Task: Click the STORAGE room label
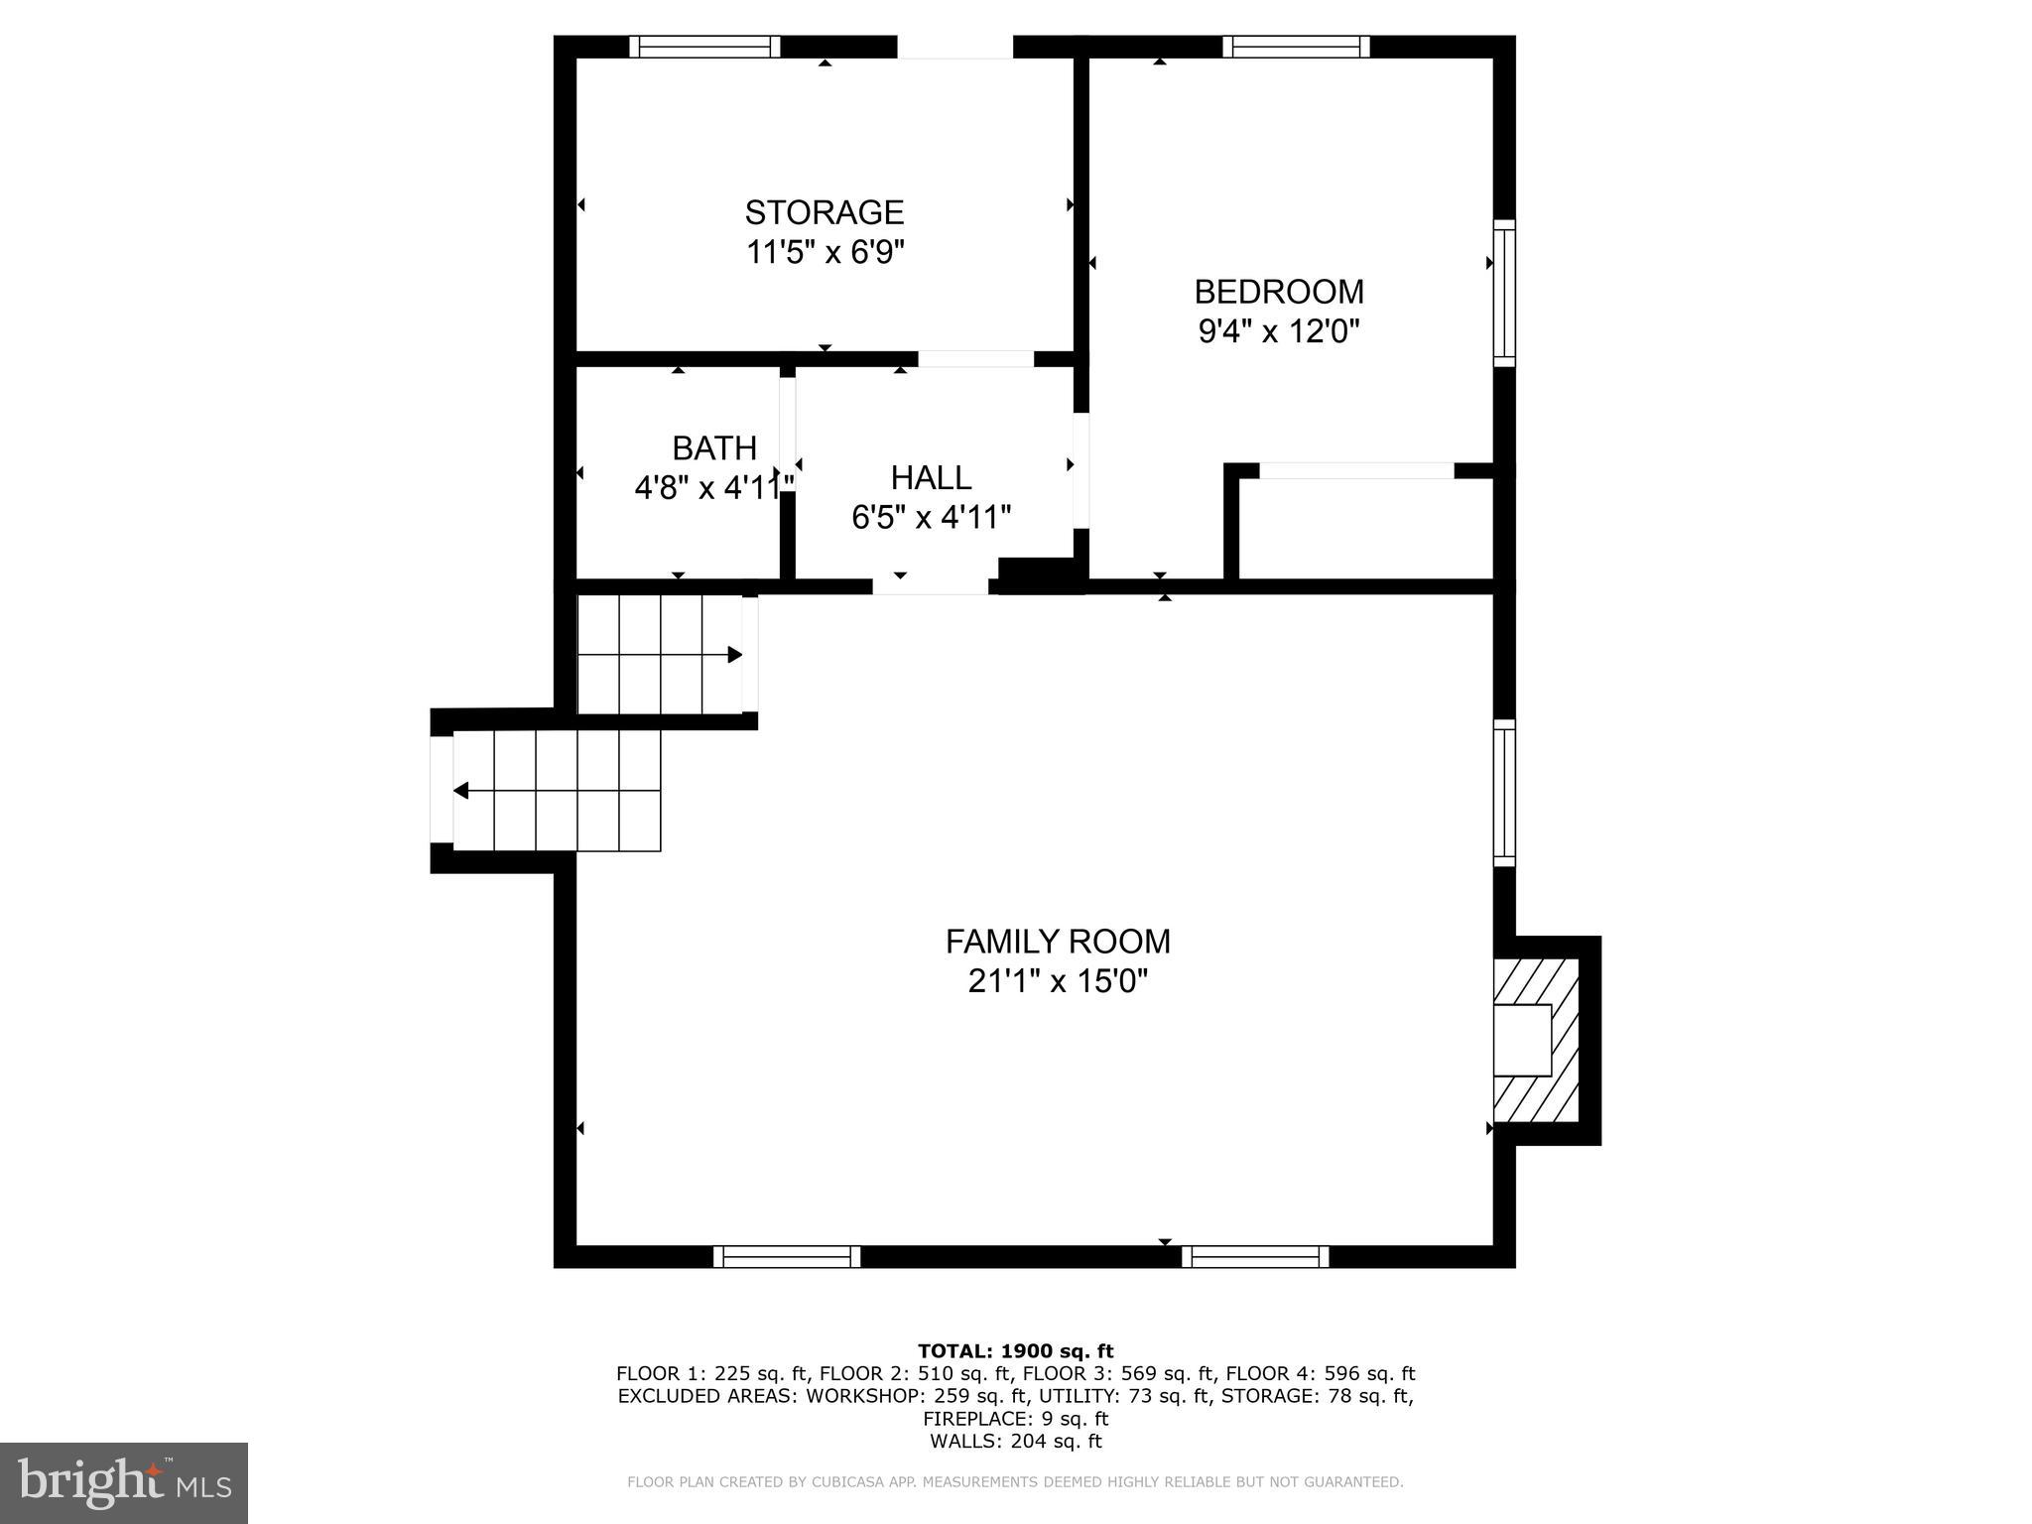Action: coord(825,212)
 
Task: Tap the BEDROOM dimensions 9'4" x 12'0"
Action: coord(1278,331)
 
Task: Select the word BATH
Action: coord(714,448)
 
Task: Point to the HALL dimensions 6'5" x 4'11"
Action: coord(931,517)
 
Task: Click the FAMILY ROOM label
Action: coord(1058,941)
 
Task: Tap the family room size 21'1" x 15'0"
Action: coord(1058,981)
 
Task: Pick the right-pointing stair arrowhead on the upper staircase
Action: coord(735,655)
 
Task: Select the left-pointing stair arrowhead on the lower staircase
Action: coord(461,791)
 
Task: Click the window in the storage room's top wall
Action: coord(704,47)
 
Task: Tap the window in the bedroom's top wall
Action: coord(1296,47)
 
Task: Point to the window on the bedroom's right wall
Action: coord(1504,293)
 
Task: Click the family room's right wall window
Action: coord(1504,793)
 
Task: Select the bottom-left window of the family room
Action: coord(787,1257)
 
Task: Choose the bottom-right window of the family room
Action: coord(1255,1257)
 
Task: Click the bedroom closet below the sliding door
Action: coord(1366,530)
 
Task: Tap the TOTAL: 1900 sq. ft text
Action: coord(1015,1350)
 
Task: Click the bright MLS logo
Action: coord(123,1482)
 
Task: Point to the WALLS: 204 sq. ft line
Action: coord(1015,1442)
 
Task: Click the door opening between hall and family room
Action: coord(930,586)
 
